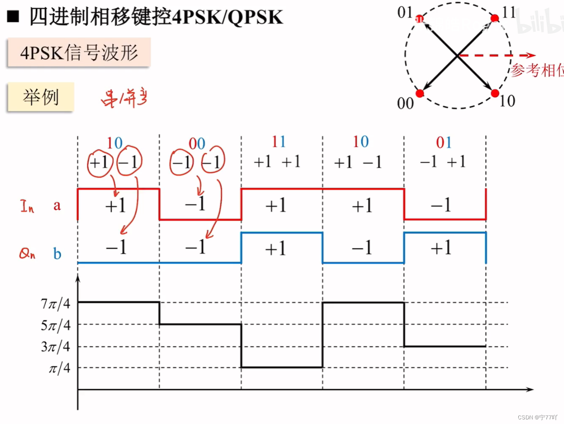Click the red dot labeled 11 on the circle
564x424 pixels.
point(494,18)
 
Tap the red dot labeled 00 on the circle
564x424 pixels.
point(420,93)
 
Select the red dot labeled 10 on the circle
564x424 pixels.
point(495,93)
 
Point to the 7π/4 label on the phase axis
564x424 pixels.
point(55,303)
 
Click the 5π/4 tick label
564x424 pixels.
point(55,325)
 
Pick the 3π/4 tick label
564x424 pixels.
point(55,346)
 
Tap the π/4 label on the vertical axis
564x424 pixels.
point(60,368)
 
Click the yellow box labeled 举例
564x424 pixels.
point(41,97)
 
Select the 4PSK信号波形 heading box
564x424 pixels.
point(79,52)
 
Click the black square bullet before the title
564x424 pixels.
point(13,16)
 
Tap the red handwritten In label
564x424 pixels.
point(27,206)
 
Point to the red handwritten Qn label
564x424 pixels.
point(27,253)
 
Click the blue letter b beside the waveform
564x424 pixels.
point(57,254)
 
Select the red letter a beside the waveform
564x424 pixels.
point(57,205)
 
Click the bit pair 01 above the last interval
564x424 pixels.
point(444,143)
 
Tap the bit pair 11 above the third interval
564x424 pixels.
point(279,142)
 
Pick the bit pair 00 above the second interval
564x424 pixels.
point(197,143)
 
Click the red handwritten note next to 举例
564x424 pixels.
point(124,98)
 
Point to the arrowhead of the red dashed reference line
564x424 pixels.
point(531,55)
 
